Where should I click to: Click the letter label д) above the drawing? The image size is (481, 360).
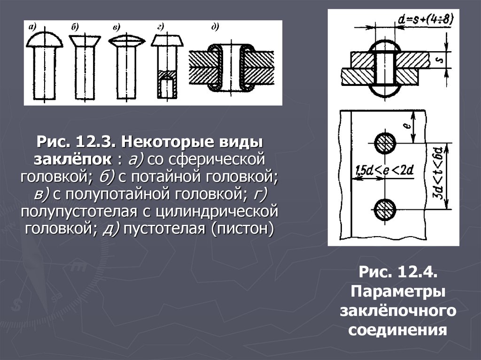click(x=215, y=27)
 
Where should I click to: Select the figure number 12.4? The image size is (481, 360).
click(x=418, y=272)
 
